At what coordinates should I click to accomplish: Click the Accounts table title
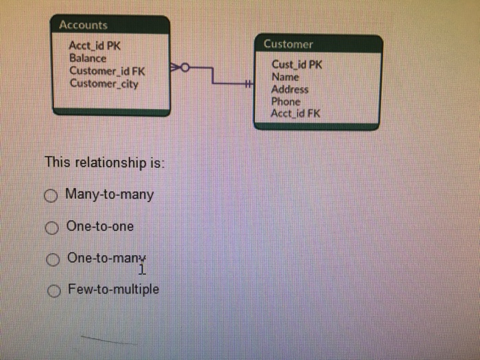[83, 25]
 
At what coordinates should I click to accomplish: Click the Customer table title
[288, 44]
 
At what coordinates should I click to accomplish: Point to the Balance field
[88, 58]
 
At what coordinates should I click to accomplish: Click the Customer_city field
[104, 84]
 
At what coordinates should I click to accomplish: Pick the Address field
[290, 89]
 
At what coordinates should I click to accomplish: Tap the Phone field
[286, 101]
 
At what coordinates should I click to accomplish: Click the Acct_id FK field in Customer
[295, 113]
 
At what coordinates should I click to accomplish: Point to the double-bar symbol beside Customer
[248, 84]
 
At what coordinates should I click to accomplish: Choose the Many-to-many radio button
[51, 196]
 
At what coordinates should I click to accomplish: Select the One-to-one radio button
[51, 228]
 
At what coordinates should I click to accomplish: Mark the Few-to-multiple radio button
[53, 291]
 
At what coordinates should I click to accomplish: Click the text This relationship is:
[105, 163]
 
